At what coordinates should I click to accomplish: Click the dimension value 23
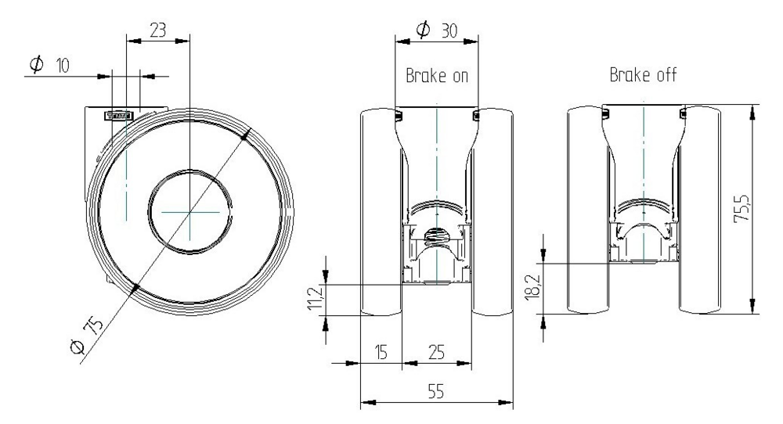coord(157,31)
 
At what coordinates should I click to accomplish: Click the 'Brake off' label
coord(643,75)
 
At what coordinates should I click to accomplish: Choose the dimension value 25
coord(436,353)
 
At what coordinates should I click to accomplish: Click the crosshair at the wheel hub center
coord(189,211)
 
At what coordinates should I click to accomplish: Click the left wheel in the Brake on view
coord(381,211)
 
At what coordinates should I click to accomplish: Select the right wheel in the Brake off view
coord(699,211)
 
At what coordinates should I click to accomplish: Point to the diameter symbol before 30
coord(423,31)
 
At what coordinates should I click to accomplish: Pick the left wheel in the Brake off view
coord(587,211)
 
